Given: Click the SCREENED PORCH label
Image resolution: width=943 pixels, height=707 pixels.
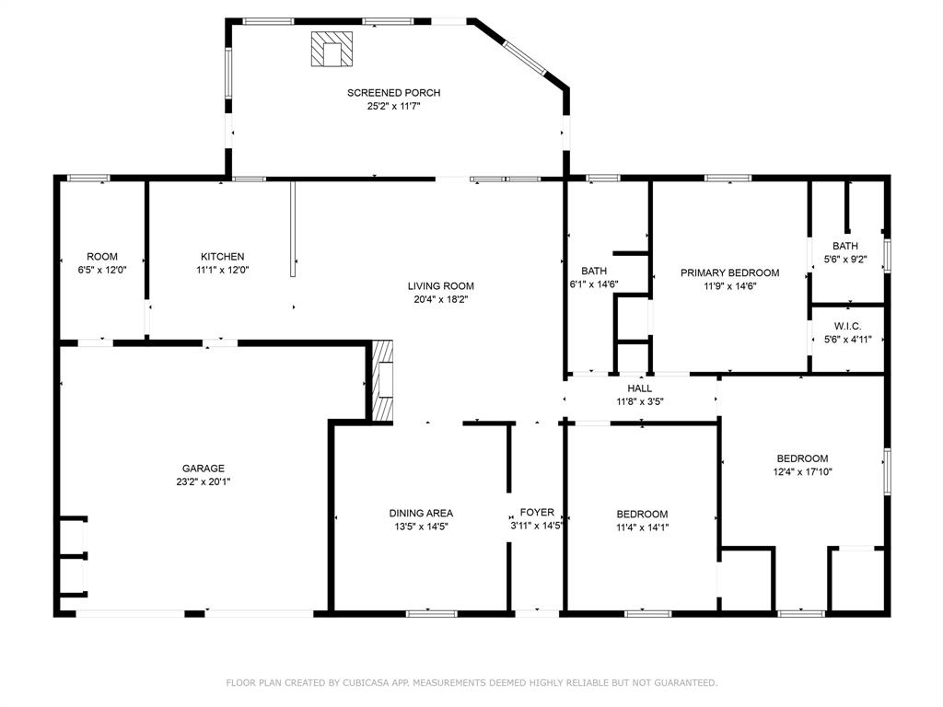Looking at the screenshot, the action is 393,93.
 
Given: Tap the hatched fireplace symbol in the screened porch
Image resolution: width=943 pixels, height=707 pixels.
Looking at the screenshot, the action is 332,49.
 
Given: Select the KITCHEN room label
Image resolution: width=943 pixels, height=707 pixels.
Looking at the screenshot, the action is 223,257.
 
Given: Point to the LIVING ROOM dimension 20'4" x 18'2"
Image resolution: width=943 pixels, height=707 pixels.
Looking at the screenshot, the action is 440,299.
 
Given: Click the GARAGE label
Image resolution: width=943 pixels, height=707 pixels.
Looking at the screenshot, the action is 204,469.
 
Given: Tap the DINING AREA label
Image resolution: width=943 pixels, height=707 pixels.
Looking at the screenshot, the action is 421,514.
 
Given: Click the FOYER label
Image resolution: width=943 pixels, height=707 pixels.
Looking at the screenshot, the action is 537,512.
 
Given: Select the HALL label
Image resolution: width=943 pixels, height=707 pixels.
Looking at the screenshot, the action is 639,388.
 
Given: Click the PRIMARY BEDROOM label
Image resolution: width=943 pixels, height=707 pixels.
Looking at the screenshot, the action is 729,272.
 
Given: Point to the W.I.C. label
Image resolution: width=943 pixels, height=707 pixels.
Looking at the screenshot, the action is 847,327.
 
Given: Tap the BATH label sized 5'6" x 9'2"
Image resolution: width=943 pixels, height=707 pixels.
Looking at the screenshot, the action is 845,246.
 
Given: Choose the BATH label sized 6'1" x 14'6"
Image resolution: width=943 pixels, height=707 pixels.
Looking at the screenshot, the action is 594,272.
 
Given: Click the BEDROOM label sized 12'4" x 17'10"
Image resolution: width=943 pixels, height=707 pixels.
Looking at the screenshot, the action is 802,458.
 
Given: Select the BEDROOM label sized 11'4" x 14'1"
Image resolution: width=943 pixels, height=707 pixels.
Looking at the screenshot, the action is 642,514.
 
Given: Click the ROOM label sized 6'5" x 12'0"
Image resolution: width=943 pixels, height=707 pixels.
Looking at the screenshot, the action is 102,257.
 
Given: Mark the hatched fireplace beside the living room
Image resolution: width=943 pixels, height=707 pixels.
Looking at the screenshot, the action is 382,380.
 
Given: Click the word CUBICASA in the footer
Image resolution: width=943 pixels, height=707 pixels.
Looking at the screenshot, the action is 366,682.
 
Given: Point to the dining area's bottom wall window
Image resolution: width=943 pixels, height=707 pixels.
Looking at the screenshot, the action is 431,614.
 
